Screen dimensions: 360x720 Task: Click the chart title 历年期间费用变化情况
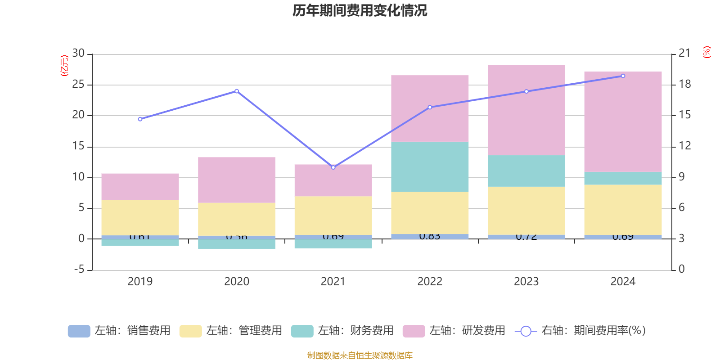coord(360,10)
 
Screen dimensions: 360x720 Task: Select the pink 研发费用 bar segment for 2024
coord(623,121)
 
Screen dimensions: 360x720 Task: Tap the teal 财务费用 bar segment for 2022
coord(430,167)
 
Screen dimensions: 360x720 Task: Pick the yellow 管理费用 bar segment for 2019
coord(140,217)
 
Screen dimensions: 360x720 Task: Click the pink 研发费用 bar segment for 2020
coord(237,180)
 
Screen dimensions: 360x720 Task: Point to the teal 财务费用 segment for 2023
coord(526,171)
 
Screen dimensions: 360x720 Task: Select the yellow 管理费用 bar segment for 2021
coord(333,216)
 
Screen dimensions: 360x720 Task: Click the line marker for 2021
coord(333,167)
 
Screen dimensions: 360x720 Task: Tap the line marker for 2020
coord(237,91)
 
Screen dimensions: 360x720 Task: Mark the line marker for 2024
coord(623,76)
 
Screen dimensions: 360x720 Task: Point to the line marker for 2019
coord(140,119)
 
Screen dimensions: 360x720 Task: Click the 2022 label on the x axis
coord(430,282)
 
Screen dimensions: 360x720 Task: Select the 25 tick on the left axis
coord(78,84)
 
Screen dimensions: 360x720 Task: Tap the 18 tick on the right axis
coord(685,84)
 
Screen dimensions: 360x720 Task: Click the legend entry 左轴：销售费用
coord(119,331)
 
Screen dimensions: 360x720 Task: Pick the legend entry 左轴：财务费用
coord(342,331)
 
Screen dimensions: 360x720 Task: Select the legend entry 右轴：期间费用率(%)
coord(580,331)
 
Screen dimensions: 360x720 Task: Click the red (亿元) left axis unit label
coord(64,66)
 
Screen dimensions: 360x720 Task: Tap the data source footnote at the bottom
coord(360,355)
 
